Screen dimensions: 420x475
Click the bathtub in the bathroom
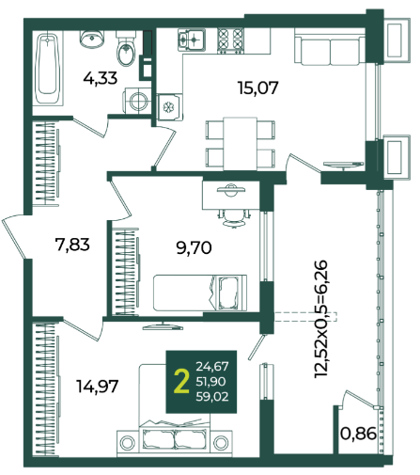tap(48, 69)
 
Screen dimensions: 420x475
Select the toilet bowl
tap(126, 49)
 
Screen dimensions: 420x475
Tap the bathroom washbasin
tap(91, 39)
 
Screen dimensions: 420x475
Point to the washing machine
tap(136, 101)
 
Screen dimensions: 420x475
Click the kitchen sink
tap(192, 40)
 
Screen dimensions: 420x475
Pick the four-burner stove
tap(230, 40)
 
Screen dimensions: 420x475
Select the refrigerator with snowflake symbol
tap(169, 107)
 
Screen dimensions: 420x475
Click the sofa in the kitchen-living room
tap(330, 47)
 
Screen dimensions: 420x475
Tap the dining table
tap(241, 144)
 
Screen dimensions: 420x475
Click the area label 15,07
tap(258, 88)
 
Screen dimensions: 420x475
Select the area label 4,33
tap(101, 78)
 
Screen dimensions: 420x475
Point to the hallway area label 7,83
tap(72, 245)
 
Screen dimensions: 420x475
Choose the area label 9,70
tap(194, 248)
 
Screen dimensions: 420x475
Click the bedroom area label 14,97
tap(98, 386)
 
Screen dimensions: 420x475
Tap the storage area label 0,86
tap(358, 435)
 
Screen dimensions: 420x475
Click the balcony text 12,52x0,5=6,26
tap(321, 319)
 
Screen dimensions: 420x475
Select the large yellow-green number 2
tap(181, 381)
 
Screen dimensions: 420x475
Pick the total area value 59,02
tap(212, 397)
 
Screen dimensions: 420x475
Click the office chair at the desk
tap(234, 217)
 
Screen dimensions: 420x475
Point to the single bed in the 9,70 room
tap(200, 293)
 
